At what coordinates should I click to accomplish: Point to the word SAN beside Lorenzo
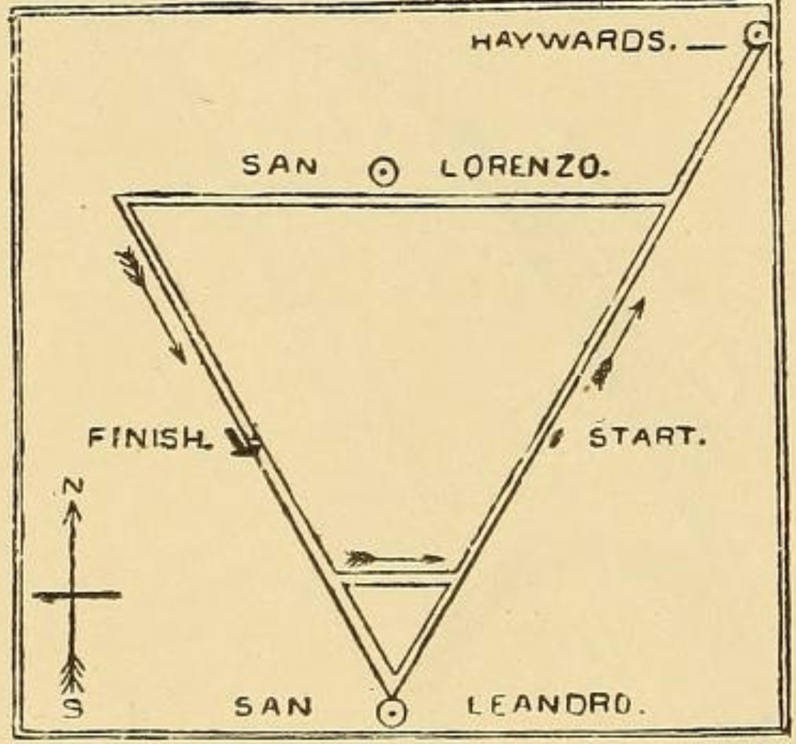(x=280, y=165)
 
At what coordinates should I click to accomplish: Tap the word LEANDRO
(x=555, y=705)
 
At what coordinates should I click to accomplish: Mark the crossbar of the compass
(x=76, y=595)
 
